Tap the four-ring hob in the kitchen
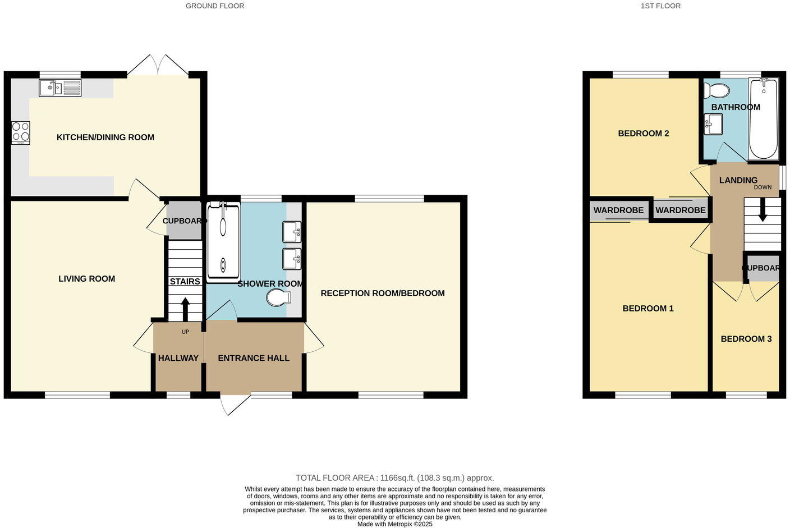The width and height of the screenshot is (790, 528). (21, 133)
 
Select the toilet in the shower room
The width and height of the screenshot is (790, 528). (277, 298)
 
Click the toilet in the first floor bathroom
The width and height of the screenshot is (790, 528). (717, 90)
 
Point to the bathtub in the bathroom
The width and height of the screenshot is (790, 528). (764, 118)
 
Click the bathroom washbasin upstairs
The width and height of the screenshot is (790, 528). (714, 124)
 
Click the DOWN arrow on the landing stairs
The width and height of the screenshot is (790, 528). (763, 214)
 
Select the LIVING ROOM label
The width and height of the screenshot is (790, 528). (87, 279)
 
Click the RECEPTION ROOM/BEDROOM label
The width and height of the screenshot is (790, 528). (383, 293)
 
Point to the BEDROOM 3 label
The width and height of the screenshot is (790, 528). (746, 339)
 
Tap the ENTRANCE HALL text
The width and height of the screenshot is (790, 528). (254, 358)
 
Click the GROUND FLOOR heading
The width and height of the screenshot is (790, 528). (215, 6)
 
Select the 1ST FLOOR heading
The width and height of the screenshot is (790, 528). (660, 6)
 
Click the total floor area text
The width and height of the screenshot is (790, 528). (394, 478)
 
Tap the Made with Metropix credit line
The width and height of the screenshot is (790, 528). (394, 524)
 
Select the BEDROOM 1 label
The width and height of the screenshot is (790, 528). (648, 309)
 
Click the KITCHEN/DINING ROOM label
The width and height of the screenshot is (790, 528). (105, 137)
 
